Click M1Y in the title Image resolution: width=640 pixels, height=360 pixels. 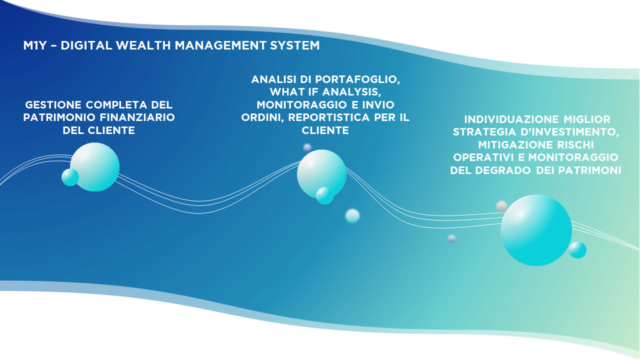(x=35, y=45)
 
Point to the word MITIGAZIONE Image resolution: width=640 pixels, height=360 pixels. (x=515, y=145)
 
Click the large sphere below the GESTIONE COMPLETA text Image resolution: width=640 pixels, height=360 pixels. (x=95, y=167)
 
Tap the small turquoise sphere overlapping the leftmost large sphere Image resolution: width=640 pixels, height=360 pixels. (x=70, y=177)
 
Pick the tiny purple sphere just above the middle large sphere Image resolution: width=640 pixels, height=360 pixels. (x=307, y=147)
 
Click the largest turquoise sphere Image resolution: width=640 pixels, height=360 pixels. (x=536, y=230)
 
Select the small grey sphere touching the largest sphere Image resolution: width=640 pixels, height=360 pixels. (x=501, y=206)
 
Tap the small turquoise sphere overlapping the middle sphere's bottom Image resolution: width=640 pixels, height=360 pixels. (x=324, y=195)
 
